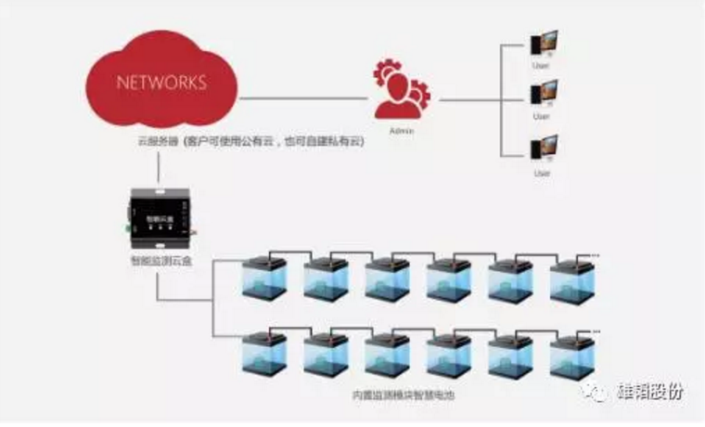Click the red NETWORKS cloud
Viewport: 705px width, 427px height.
pos(160,81)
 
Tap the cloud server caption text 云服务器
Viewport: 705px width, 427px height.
pos(152,142)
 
